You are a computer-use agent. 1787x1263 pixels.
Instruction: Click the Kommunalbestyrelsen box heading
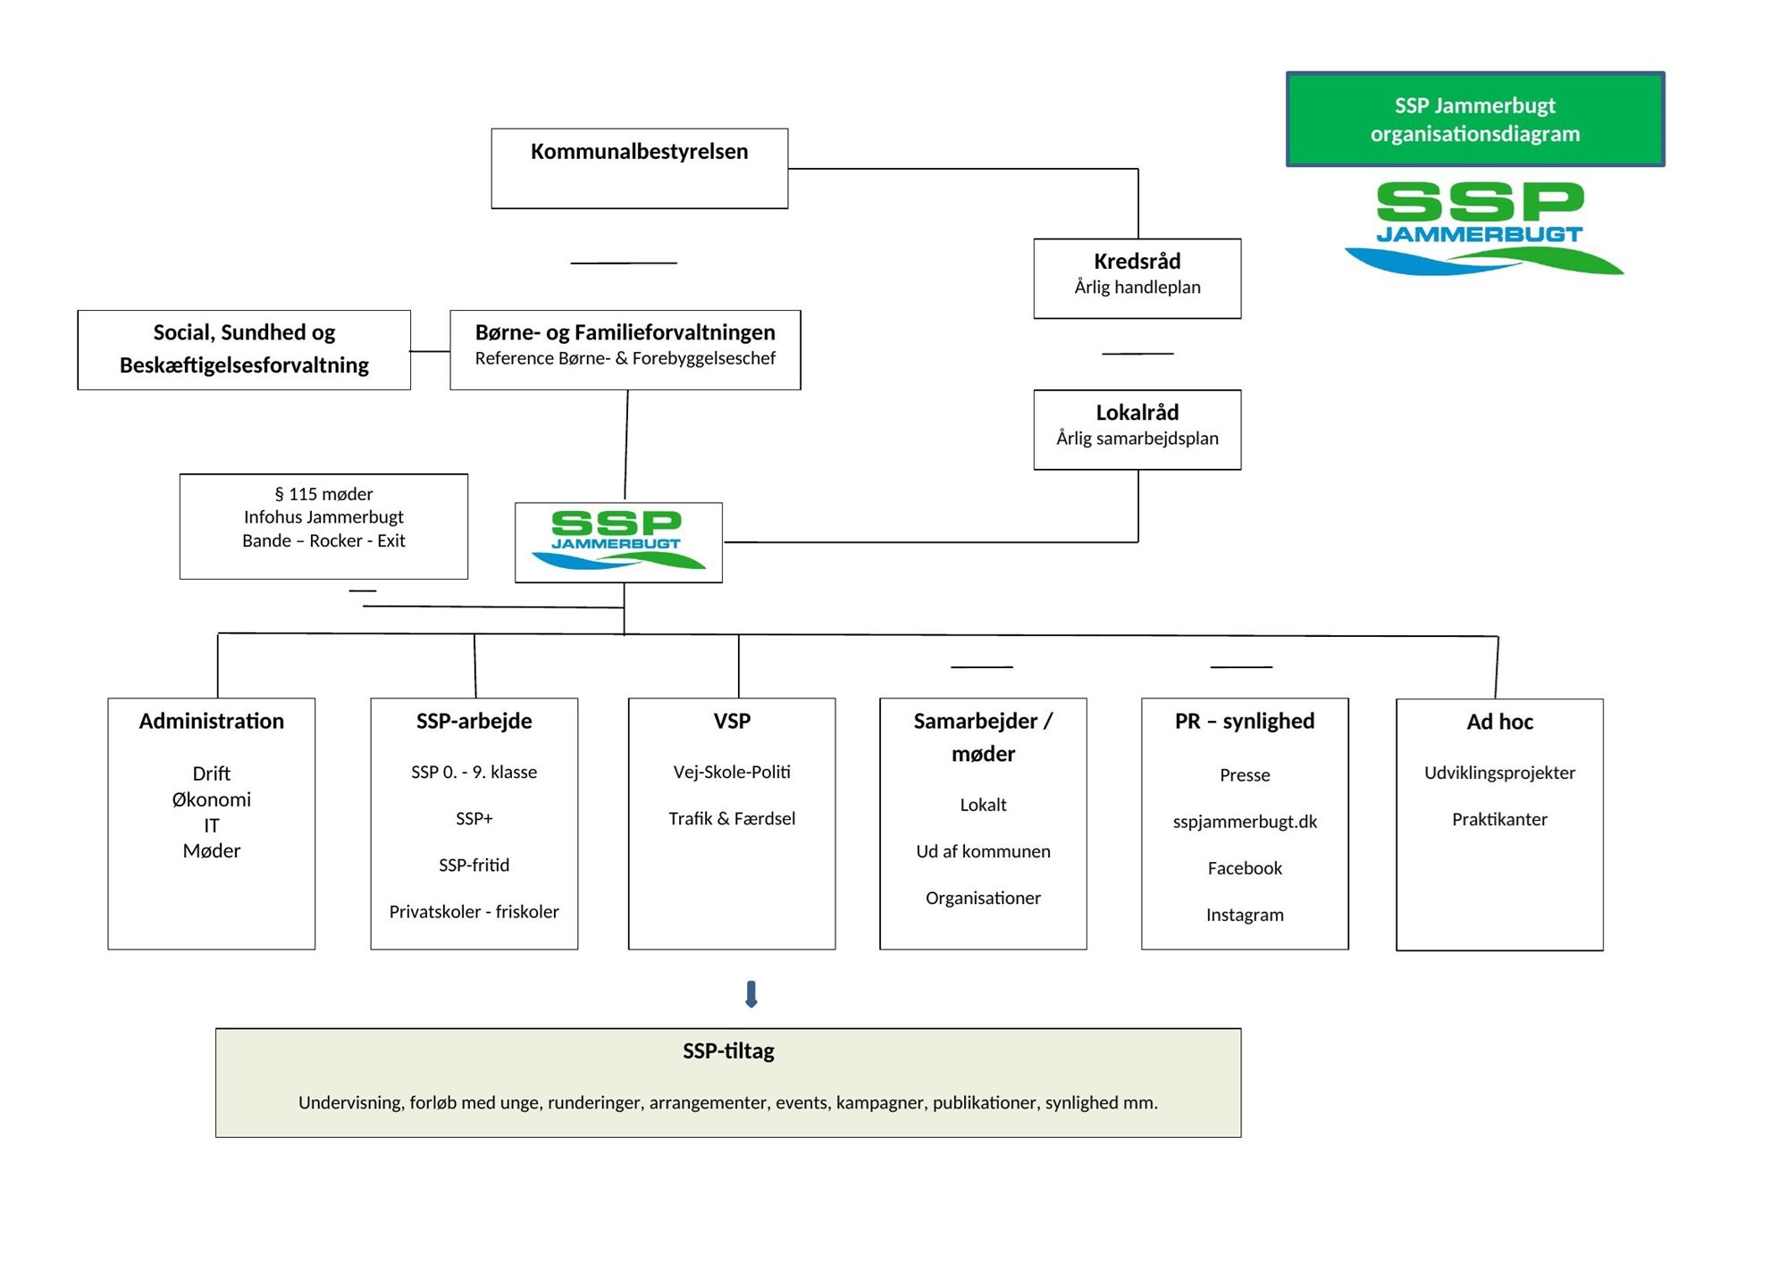click(639, 152)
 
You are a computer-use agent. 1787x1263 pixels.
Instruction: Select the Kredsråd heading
click(1137, 262)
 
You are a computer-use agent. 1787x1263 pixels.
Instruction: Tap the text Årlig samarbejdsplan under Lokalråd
click(1137, 439)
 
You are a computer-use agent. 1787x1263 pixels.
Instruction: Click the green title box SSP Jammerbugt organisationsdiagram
click(1474, 119)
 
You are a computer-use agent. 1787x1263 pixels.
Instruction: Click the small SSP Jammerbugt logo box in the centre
click(618, 541)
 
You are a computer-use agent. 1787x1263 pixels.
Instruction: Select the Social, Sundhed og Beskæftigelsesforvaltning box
click(244, 349)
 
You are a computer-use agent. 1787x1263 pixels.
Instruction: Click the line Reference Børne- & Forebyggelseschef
click(625, 359)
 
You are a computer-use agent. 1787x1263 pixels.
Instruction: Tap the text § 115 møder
click(323, 494)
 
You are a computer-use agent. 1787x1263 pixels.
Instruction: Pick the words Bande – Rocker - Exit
click(323, 541)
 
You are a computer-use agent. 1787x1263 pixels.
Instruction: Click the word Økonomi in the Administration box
click(211, 799)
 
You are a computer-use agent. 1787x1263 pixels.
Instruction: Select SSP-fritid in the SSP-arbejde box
click(474, 865)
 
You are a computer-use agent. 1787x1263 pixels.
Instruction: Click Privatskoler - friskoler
click(474, 911)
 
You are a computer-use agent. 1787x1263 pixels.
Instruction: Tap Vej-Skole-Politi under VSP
click(731, 772)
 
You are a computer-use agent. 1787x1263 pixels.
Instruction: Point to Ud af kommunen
click(983, 851)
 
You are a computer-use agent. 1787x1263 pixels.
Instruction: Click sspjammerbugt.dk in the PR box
click(1244, 822)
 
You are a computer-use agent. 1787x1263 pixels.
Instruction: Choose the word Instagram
click(1244, 915)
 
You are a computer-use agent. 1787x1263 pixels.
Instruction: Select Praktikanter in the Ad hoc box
click(1498, 819)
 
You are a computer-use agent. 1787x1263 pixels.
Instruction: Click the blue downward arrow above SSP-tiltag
click(751, 993)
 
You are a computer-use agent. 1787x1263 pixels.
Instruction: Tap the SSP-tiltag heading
click(727, 1051)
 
